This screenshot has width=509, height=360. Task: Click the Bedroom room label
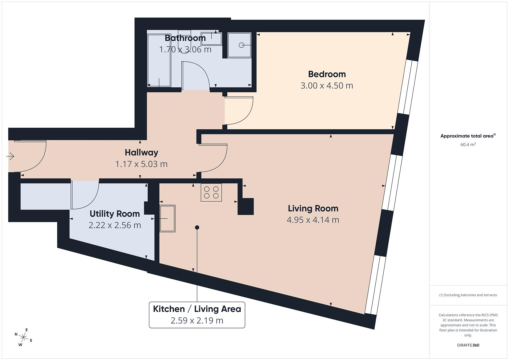pos(327,74)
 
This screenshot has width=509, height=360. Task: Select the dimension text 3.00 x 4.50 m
pos(327,86)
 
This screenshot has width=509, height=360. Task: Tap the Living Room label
pos(313,208)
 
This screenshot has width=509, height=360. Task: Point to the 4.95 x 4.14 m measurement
pos(313,220)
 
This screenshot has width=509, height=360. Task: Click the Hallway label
pos(141,152)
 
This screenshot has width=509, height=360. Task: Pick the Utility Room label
pos(115,214)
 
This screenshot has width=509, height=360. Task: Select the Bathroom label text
pos(185,38)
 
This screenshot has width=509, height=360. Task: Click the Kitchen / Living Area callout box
pos(197,315)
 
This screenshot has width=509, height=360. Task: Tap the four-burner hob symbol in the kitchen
pos(211,192)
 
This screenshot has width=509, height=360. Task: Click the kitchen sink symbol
pos(167,218)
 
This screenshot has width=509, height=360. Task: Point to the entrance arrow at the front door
pos(10,156)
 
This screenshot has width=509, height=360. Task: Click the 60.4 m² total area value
pos(468,145)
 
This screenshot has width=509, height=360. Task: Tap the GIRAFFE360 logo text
pos(468,345)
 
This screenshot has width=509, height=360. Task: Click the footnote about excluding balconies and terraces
pos(468,295)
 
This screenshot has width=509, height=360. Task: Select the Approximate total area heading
pos(468,136)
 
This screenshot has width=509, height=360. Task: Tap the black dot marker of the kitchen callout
pos(197,227)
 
